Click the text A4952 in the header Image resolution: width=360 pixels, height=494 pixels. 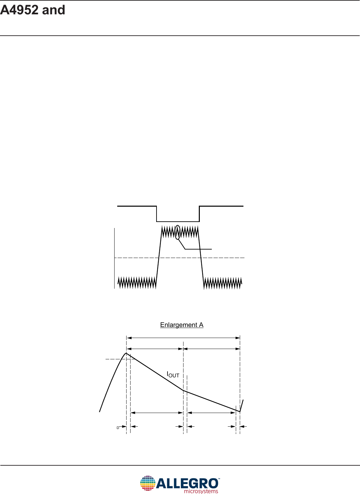pyautogui.click(x=19, y=10)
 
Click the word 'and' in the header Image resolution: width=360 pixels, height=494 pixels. pyautogui.click(x=54, y=10)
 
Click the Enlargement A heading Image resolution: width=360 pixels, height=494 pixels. pyautogui.click(x=182, y=325)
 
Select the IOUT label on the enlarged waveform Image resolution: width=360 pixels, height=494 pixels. pyautogui.click(x=173, y=375)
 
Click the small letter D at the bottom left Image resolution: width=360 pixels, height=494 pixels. pyautogui.click(x=118, y=428)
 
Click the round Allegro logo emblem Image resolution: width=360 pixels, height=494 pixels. pyautogui.click(x=148, y=483)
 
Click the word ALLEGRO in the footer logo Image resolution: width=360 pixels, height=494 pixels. pyautogui.click(x=187, y=484)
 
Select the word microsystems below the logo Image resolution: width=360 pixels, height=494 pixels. pyautogui.click(x=201, y=491)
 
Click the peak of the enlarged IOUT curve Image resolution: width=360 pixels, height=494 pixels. pyautogui.click(x=126, y=353)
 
